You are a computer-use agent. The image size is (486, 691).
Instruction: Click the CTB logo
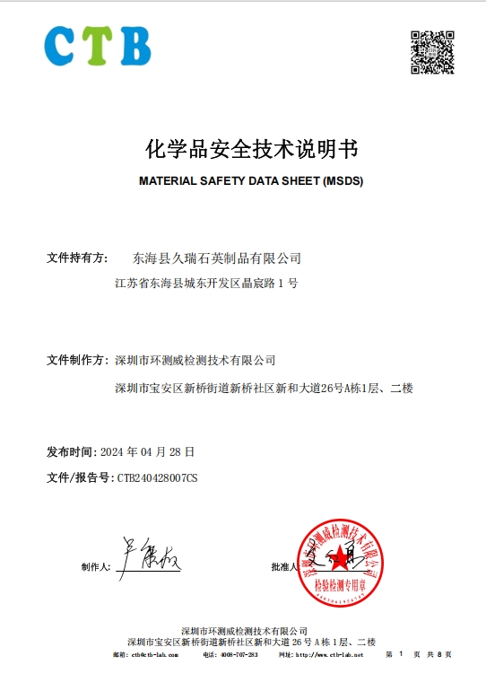98,46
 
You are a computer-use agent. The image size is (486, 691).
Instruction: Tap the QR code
432,52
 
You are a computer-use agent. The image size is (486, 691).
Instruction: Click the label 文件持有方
77,258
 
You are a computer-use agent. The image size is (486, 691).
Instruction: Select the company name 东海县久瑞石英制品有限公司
216,258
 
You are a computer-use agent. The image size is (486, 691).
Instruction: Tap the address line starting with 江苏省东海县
206,284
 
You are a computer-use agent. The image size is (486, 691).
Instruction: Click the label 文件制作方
77,361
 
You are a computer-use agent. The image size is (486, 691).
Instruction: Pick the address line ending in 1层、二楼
264,388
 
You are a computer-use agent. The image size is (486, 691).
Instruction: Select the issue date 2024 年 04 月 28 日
148,451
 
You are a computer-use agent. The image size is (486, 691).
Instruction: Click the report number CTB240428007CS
158,477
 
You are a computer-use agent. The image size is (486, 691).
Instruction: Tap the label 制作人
95,567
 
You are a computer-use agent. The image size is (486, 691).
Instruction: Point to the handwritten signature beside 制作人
148,556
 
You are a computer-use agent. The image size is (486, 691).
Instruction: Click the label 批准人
284,567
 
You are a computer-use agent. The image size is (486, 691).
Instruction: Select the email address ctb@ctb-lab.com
154,655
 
